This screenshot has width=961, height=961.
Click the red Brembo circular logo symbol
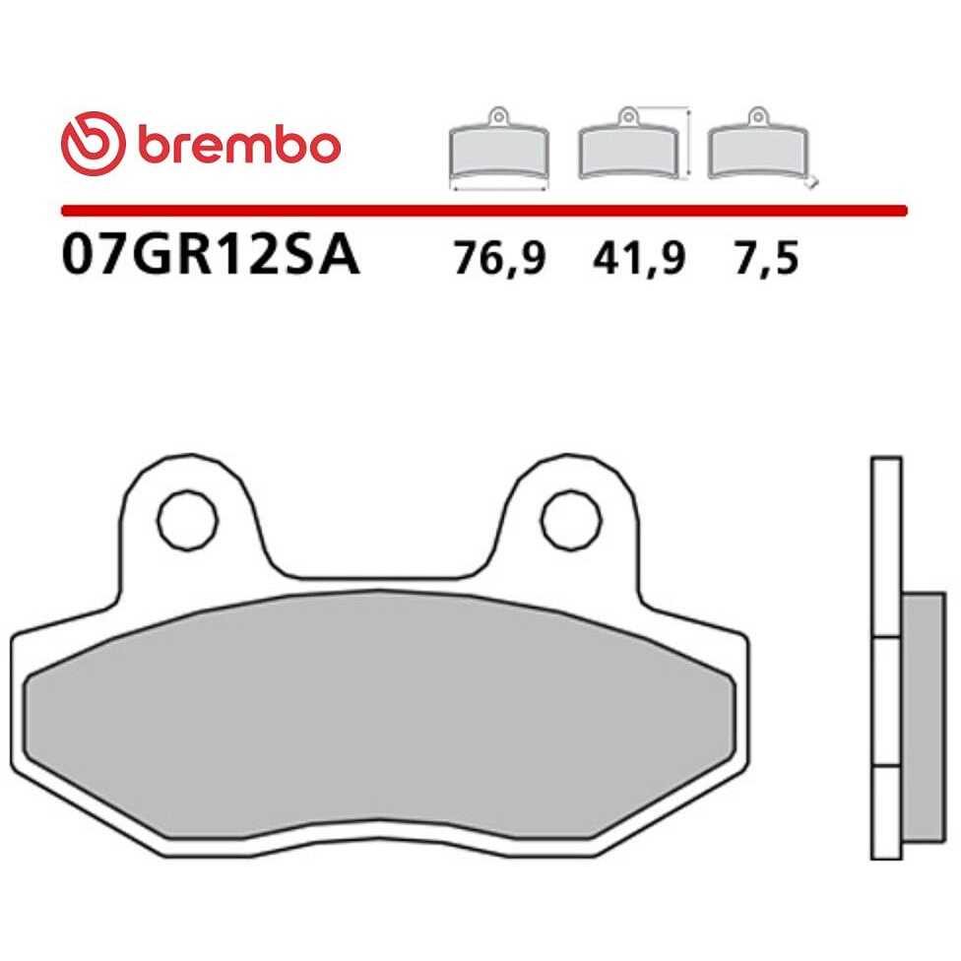pos(94,144)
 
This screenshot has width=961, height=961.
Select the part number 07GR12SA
pos(211,256)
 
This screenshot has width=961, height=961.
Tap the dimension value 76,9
pos(499,258)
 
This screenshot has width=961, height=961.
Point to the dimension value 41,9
pos(639,258)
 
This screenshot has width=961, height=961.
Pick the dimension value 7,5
pos(767,258)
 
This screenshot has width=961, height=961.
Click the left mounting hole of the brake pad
pos(187,520)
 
